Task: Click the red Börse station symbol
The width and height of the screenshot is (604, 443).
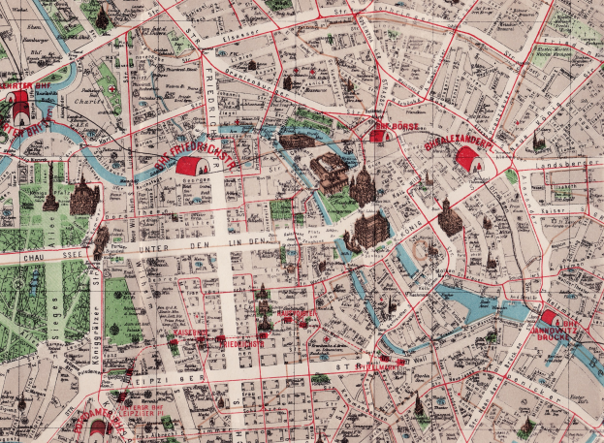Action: pos(377,136)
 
